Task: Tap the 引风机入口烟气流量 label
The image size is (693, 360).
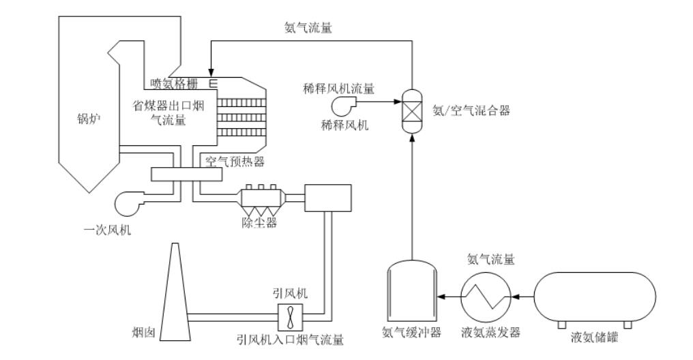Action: (290, 338)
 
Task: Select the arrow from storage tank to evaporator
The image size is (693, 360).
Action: (520, 297)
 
